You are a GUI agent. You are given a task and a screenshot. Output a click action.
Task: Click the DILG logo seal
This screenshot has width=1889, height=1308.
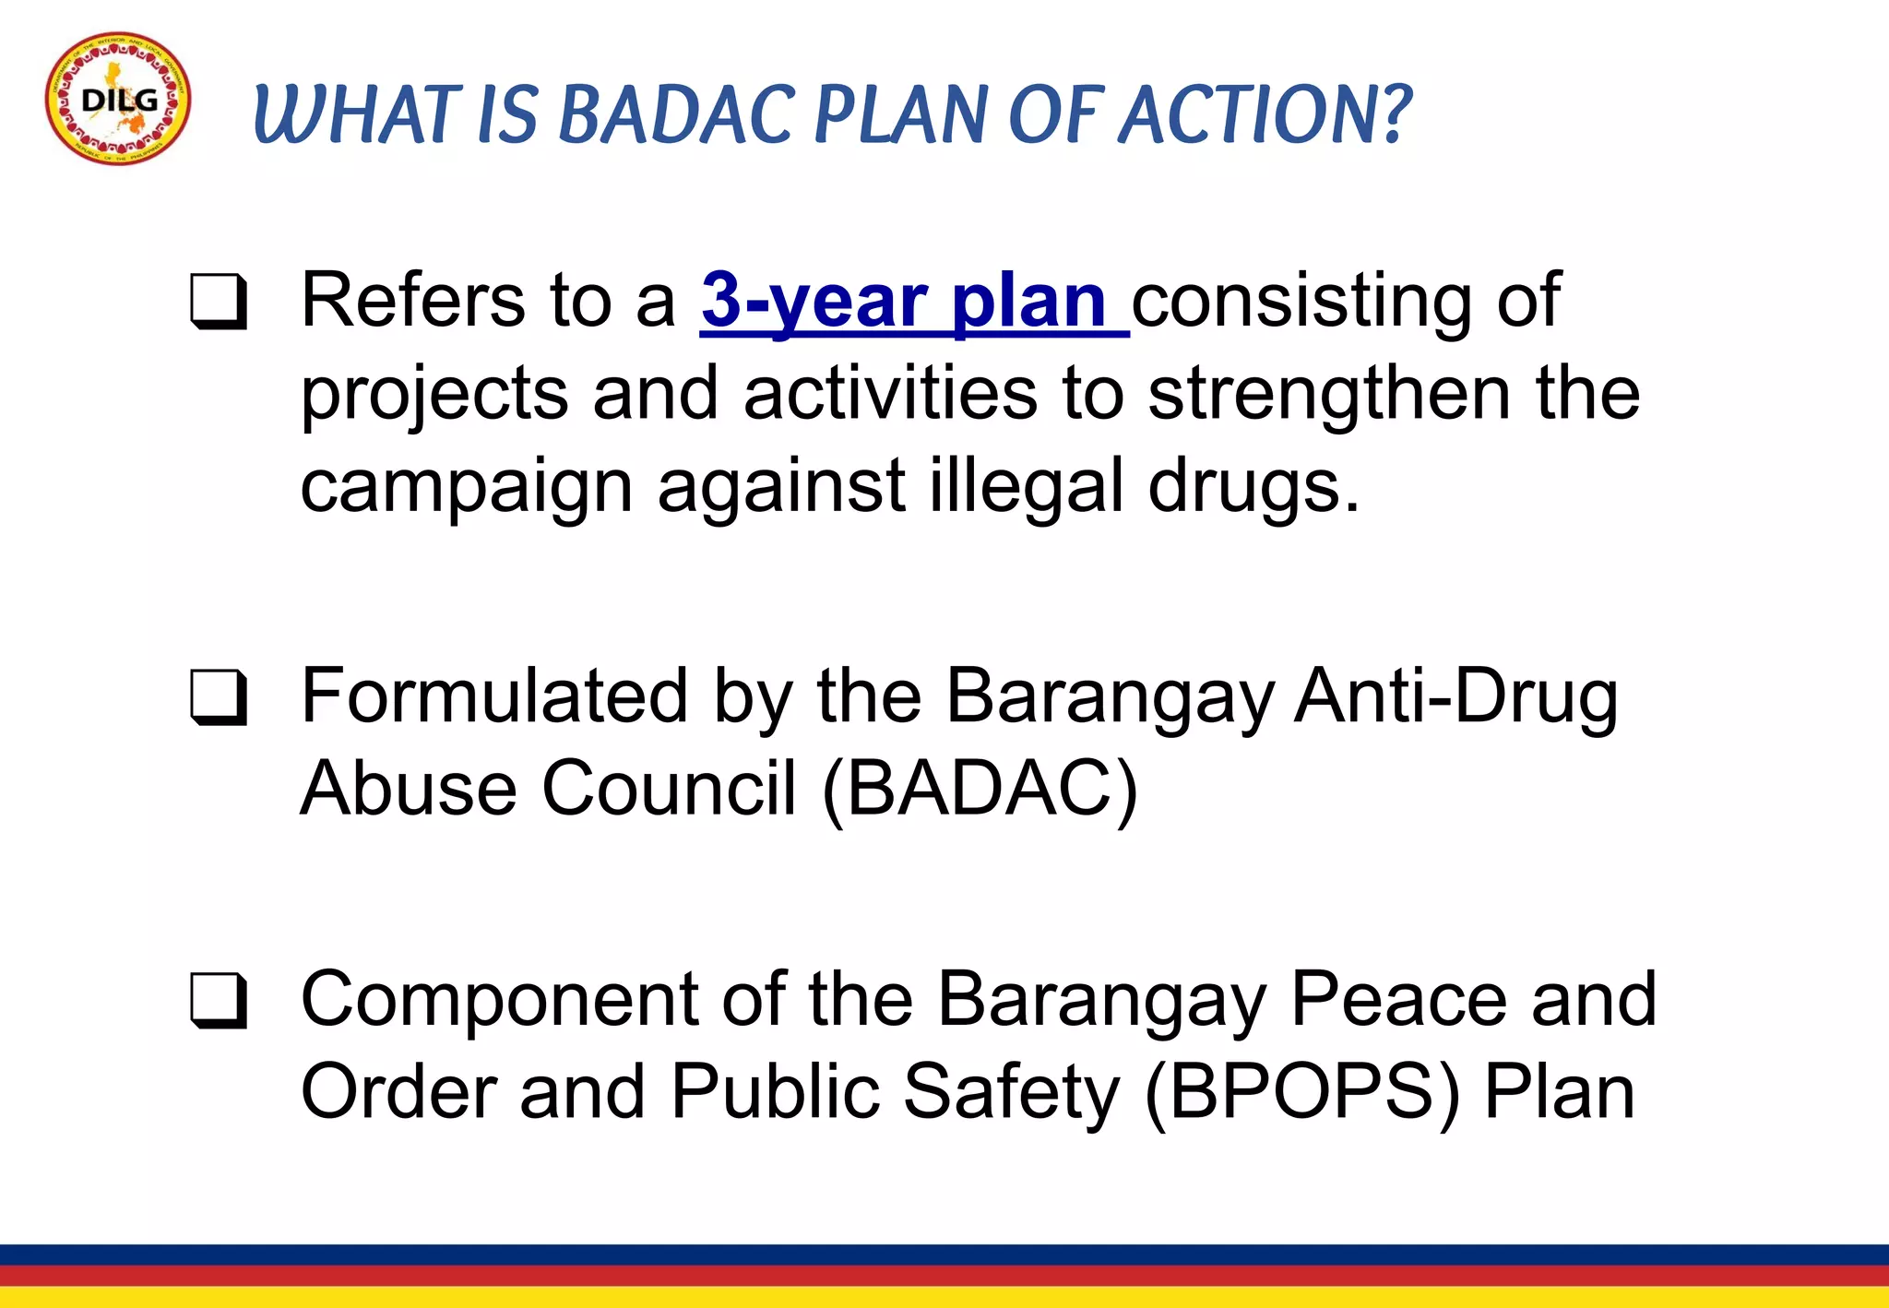[118, 100]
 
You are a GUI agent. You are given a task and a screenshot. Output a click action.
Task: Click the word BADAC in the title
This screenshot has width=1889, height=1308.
[674, 115]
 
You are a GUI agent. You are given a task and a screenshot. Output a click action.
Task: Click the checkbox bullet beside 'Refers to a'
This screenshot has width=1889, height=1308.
[219, 302]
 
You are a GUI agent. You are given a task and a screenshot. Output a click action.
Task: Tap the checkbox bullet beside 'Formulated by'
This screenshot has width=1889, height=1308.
[219, 697]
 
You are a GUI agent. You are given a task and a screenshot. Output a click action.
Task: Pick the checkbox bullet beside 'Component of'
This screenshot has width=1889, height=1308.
[219, 1000]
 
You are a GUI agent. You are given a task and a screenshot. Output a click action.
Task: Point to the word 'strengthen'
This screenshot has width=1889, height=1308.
[1329, 394]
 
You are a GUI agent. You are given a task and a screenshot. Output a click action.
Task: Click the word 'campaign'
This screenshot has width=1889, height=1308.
[466, 487]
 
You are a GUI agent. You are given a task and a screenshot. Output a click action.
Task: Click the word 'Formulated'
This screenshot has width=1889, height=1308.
[494, 696]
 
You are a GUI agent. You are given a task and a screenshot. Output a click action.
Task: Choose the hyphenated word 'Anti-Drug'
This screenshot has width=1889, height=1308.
[1455, 696]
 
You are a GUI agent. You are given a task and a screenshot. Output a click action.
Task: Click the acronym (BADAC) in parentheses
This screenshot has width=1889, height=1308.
[980, 790]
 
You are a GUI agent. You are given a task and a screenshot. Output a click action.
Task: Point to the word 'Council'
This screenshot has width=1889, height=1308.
[669, 790]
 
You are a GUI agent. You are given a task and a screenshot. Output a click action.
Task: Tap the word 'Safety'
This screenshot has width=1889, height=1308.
[1011, 1093]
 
